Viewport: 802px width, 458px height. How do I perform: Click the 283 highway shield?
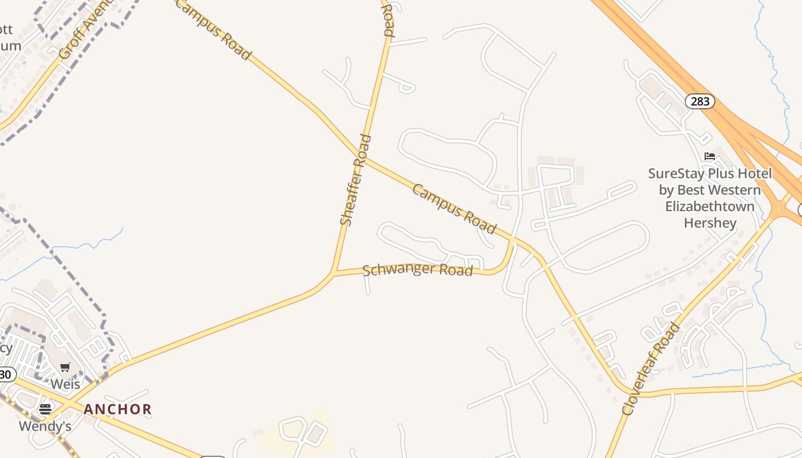point(700,102)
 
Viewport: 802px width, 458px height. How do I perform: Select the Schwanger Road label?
point(418,269)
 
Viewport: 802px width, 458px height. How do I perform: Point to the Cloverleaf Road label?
point(651,369)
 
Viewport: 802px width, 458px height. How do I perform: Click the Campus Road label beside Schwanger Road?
point(454,209)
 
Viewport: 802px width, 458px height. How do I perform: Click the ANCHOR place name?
point(117,409)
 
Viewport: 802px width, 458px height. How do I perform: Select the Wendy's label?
point(45,426)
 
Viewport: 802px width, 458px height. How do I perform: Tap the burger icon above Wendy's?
point(45,409)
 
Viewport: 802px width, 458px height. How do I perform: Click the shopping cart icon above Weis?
point(65,368)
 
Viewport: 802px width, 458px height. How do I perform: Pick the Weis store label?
point(65,384)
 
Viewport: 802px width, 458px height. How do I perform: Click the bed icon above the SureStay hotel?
point(710,156)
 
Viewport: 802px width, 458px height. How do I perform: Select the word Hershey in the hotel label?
point(710,223)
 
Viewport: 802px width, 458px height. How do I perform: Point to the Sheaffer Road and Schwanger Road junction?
point(334,273)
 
